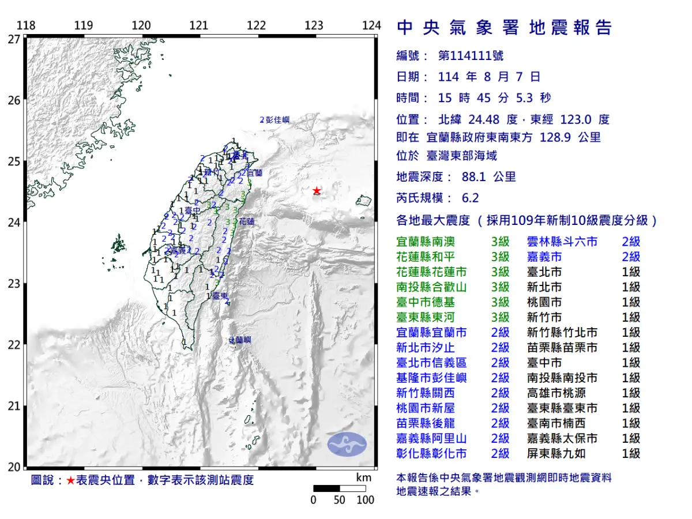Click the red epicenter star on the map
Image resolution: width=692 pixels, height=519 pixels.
coord(316,191)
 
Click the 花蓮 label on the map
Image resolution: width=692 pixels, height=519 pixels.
coord(247,221)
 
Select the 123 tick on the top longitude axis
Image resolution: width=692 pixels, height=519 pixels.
coord(314,25)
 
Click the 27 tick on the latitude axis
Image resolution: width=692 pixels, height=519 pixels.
coord(14,39)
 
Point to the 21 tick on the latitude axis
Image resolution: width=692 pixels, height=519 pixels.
coord(14,406)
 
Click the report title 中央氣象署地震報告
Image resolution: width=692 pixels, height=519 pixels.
coord(505,28)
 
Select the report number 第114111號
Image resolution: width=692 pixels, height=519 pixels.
coord(471,56)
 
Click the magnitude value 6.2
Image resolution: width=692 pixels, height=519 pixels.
coord(470,198)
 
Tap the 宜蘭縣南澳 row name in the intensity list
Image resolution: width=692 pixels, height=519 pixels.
coord(426,242)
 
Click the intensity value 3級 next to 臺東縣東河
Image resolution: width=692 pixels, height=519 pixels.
coord(501,318)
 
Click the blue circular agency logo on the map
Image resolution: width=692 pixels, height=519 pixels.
coord(347,443)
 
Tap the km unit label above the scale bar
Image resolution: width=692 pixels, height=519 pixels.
coord(363,477)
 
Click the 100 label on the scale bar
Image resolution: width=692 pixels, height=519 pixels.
coord(365,500)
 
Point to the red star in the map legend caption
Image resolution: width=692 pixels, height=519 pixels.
coord(70,480)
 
